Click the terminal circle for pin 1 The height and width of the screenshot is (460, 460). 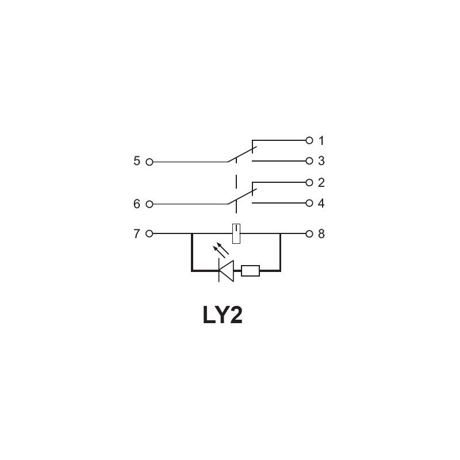pos(309,140)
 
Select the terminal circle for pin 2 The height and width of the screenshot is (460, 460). pos(309,182)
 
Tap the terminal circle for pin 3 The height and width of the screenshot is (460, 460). pos(309,161)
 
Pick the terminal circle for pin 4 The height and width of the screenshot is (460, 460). pos(309,203)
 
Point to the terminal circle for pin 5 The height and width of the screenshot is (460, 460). pos(149,162)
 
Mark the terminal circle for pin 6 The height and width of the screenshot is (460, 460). pos(149,204)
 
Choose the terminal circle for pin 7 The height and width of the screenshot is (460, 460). pos(149,233)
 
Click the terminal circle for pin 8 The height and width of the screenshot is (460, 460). pos(309,234)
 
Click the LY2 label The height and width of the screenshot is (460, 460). pos(223,315)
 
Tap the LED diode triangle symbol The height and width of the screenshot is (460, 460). pos(227,271)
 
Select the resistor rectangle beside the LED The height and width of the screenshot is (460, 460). pos(250,271)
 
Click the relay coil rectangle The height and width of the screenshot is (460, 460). pos(236,233)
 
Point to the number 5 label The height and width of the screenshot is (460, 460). pos(137,161)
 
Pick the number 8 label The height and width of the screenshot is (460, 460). pos(321,234)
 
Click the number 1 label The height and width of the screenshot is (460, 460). pos(321,140)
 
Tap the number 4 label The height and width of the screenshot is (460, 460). pos(321,203)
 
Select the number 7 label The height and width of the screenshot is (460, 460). pos(137,234)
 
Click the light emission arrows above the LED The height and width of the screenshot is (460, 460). pos(221,250)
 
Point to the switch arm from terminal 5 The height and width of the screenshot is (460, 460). pos(242,154)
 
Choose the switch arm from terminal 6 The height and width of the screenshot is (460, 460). pos(242,196)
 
